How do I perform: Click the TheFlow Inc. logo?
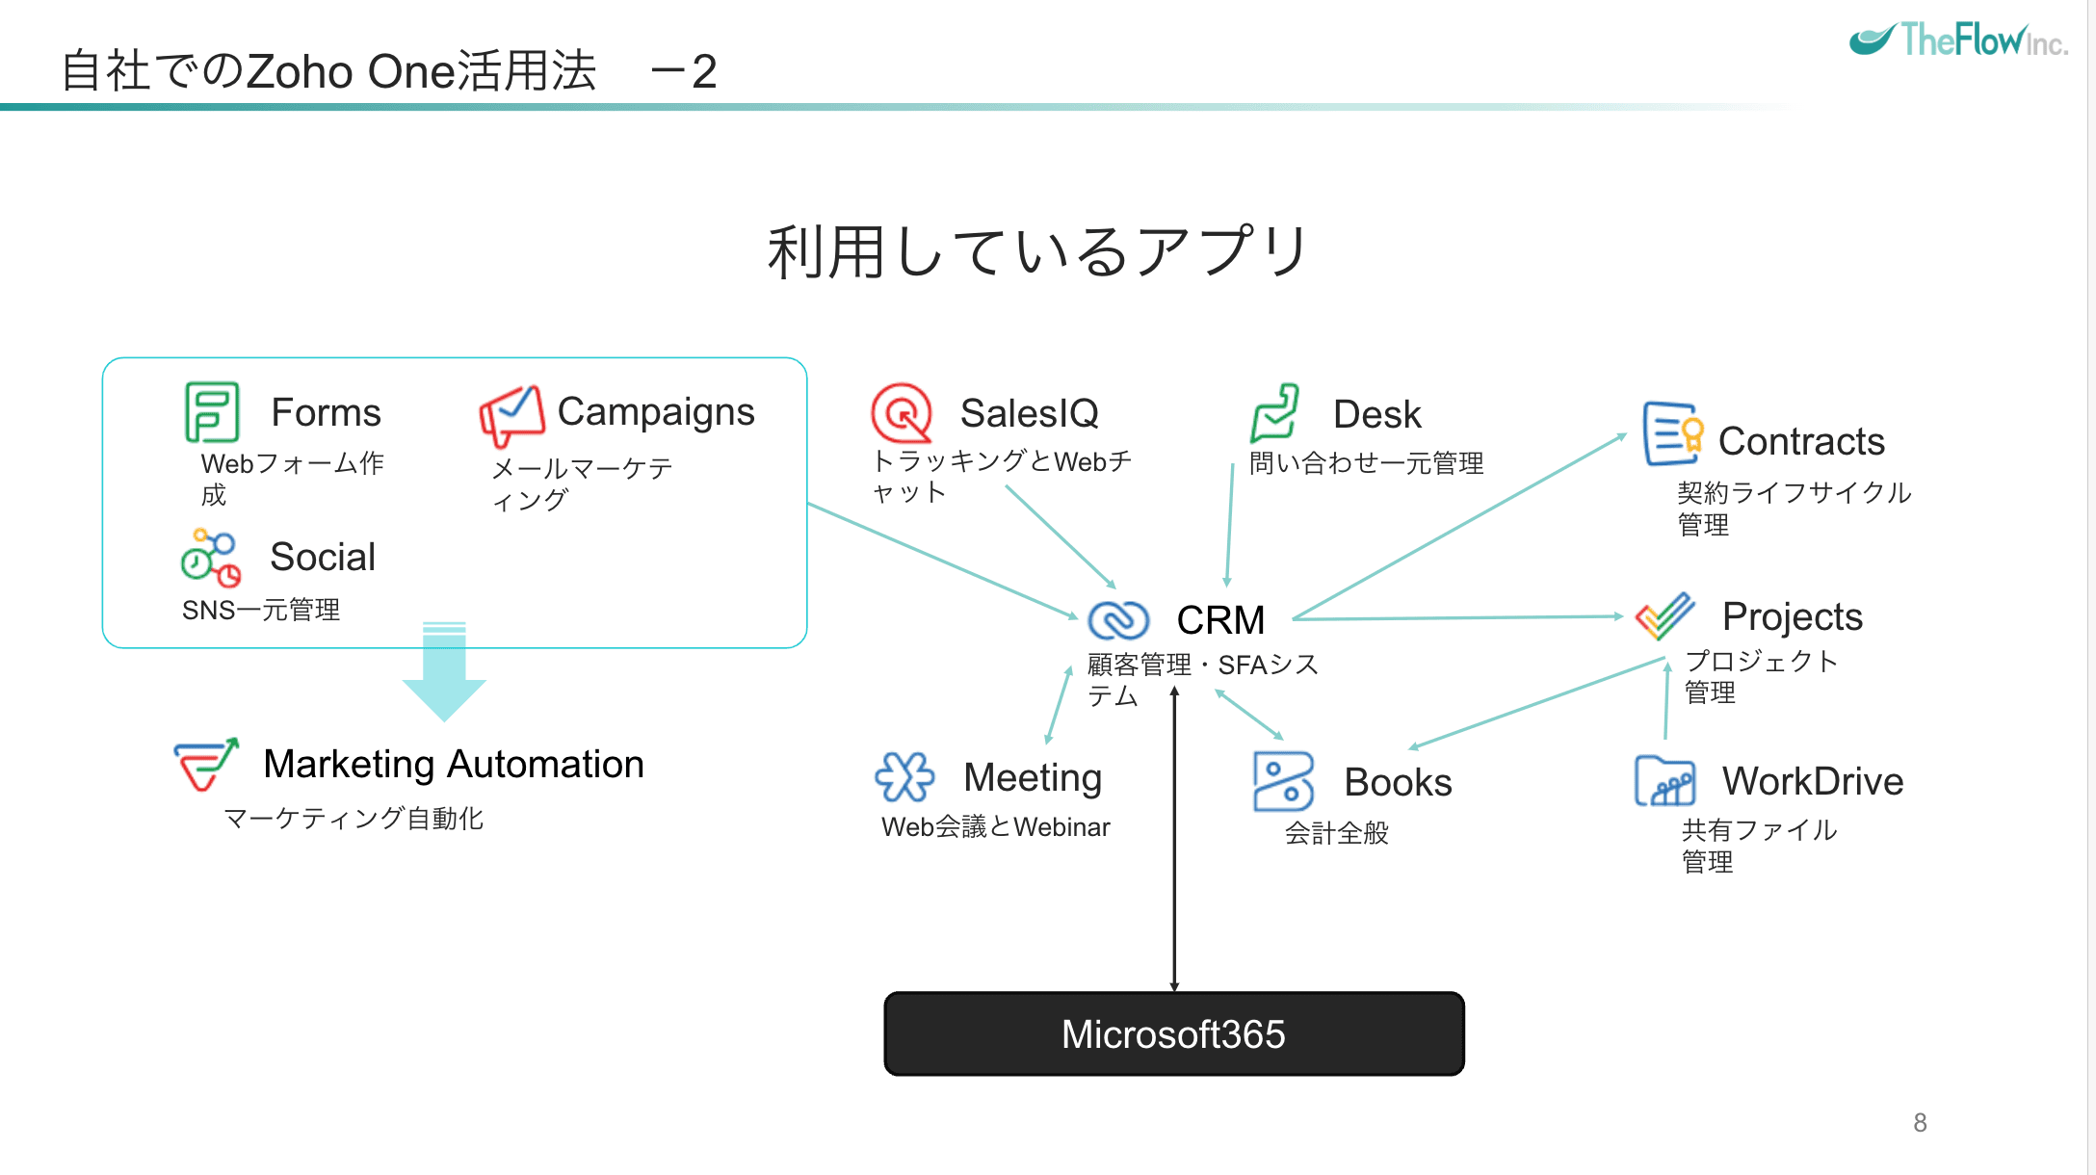(1957, 40)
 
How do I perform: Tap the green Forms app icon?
(211, 412)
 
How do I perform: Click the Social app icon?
(211, 558)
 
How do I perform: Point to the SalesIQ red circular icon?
(902, 413)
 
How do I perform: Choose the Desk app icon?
(1274, 413)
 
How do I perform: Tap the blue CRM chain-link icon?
(1118, 620)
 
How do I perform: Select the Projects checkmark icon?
(1665, 616)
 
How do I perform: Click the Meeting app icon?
(904, 777)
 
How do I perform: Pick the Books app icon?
(1283, 781)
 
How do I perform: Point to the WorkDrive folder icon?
(1664, 781)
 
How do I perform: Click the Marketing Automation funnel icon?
(205, 765)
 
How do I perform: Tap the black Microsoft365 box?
(1174, 1034)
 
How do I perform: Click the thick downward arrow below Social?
(444, 674)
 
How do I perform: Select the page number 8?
(1920, 1123)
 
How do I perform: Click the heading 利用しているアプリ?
(1036, 252)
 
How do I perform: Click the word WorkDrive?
(1812, 781)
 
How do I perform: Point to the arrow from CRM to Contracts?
(1459, 527)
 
